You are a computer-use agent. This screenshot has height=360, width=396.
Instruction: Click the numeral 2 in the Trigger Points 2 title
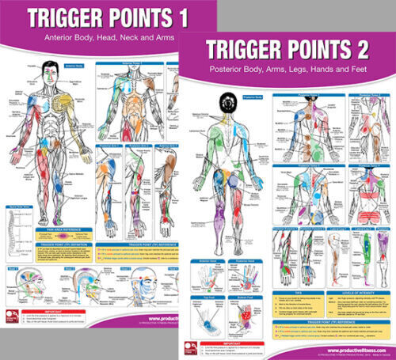(x=376, y=50)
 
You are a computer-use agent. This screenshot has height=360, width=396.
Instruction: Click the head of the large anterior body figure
(x=50, y=70)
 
